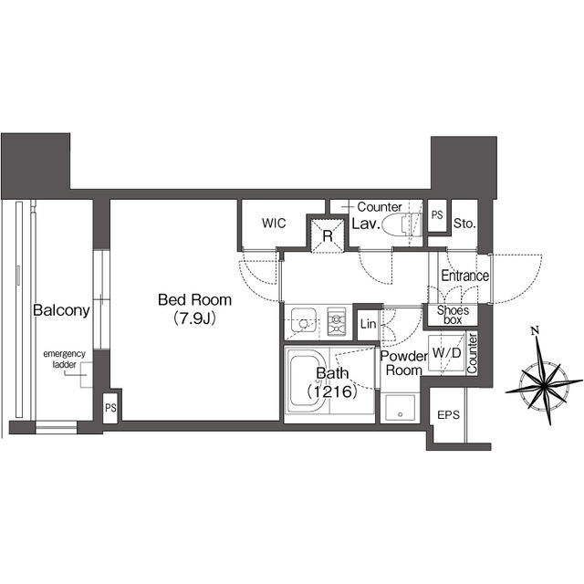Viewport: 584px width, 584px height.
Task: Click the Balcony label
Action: point(61,310)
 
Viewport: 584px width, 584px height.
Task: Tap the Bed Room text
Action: point(194,300)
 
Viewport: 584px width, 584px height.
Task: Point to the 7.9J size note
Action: point(194,318)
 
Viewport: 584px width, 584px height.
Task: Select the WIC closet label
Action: point(274,223)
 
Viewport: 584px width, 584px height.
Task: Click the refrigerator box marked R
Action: point(328,235)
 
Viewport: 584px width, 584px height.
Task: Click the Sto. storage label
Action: point(464,224)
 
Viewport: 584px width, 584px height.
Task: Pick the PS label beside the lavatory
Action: point(437,215)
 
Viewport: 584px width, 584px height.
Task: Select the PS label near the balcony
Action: point(110,408)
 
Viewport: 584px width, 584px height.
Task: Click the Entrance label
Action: point(464,276)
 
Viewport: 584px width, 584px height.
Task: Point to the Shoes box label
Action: point(453,315)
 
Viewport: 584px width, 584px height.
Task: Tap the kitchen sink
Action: point(304,320)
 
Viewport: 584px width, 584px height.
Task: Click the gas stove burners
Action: point(337,320)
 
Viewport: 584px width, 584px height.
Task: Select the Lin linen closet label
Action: point(368,325)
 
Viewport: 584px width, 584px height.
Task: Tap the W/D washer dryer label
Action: point(447,353)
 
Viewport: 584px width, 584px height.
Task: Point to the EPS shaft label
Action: point(448,414)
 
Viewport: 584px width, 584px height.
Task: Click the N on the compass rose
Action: point(536,330)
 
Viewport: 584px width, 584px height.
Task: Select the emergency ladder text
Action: point(64,359)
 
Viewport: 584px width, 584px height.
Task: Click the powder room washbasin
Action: point(400,408)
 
